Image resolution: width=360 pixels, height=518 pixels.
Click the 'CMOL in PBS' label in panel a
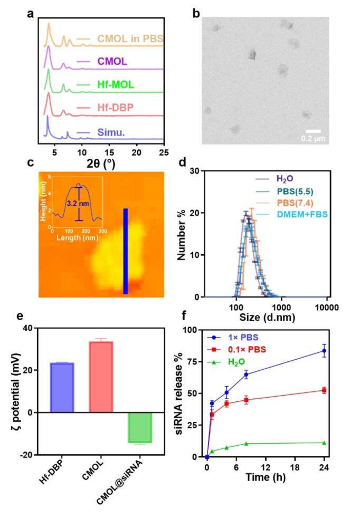click(x=130, y=39)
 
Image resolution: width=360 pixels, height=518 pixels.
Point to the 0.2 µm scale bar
click(x=314, y=131)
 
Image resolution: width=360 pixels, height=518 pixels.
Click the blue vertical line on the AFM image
click(x=126, y=251)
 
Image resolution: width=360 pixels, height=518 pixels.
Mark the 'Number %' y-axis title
click(x=182, y=234)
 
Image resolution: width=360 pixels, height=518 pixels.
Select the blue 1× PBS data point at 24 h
click(x=324, y=351)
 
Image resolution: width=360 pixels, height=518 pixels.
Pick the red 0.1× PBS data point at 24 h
click(x=324, y=390)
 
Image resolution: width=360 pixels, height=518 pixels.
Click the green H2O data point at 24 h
click(x=324, y=443)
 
